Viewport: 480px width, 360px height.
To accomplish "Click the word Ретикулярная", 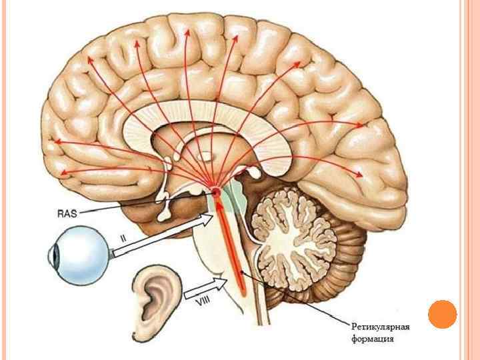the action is point(381,326).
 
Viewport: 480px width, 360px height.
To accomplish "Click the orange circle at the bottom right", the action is point(442,314).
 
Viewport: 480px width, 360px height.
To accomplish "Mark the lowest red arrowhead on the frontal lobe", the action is point(61,173).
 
